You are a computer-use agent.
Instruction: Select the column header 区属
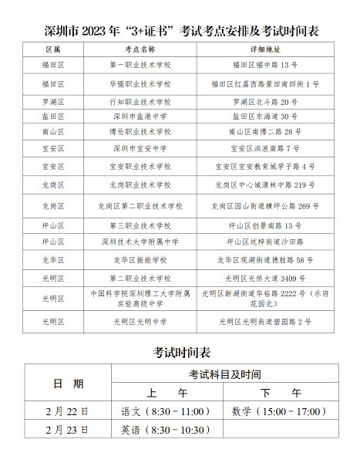pos(53,49)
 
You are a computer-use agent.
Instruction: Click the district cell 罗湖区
pos(53,102)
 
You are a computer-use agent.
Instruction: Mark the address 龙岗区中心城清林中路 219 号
pos(264,185)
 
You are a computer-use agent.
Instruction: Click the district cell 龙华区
pos(53,260)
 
